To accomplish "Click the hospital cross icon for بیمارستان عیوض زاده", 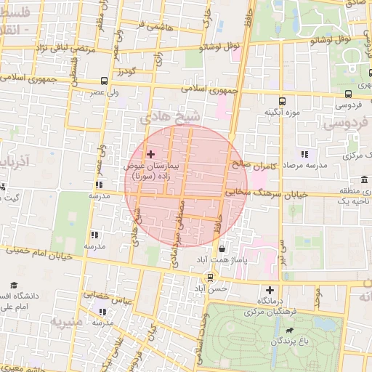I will [x=151, y=154].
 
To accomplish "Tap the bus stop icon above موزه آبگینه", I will [x=282, y=102].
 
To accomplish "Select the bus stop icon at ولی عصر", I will [x=105, y=81].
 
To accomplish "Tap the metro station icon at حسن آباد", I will [x=210, y=277].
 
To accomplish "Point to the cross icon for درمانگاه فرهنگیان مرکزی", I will [x=270, y=290].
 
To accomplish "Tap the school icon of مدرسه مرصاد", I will [x=304, y=154].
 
